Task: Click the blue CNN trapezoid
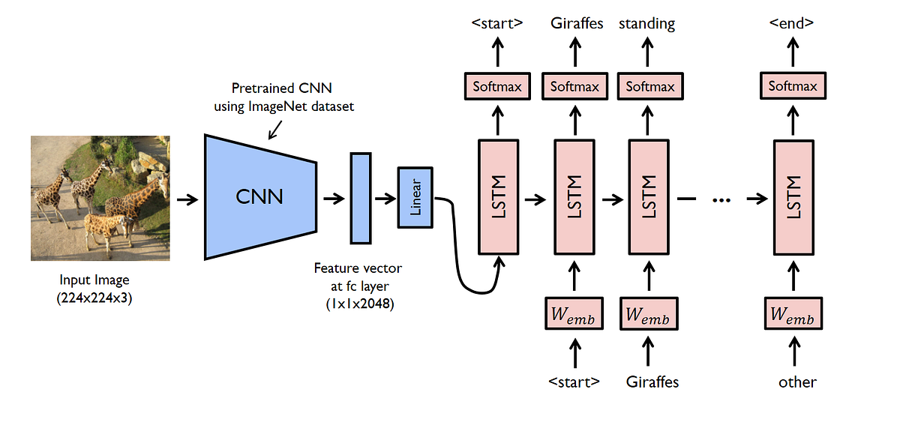tap(259, 196)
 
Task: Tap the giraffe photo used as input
tap(100, 198)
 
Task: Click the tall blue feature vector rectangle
tap(361, 198)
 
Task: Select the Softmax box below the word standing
tap(650, 86)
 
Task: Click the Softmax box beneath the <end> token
tap(793, 86)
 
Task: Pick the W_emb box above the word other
tap(793, 316)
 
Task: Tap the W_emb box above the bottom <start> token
tap(574, 316)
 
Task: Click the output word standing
tap(646, 24)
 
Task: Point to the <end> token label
tap(793, 24)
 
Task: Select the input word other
tap(796, 382)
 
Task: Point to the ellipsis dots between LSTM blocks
tap(721, 200)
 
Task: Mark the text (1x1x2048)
tap(358, 304)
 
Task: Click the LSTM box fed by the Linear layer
tap(499, 196)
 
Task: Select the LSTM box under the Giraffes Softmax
tap(574, 196)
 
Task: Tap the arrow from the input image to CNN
tap(187, 199)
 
